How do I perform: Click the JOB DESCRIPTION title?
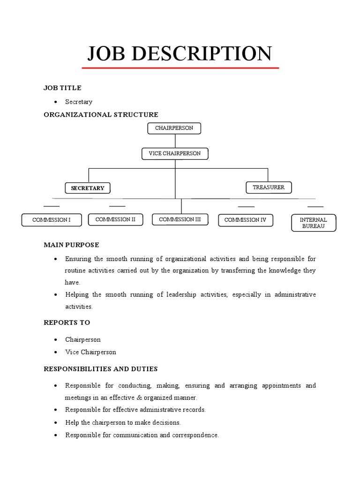(180, 53)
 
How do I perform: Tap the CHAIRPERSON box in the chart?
(174, 128)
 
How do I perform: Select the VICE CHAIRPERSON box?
(175, 153)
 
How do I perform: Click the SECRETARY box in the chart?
(88, 188)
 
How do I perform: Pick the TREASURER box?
(269, 187)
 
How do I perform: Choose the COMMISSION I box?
(52, 219)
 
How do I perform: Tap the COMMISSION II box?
(115, 219)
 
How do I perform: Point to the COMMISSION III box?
(180, 219)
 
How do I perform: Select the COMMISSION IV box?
(245, 219)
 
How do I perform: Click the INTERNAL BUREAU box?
(313, 223)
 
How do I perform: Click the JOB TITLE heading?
(62, 88)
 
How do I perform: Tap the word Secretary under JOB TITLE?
(79, 102)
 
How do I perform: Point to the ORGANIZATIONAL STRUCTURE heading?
(101, 114)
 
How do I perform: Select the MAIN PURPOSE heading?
(71, 245)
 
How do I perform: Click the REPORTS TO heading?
(67, 322)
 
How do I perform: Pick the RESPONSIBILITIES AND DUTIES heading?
(100, 369)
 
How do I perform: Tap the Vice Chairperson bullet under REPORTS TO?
(90, 352)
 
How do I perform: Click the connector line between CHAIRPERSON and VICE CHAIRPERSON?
(175, 141)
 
